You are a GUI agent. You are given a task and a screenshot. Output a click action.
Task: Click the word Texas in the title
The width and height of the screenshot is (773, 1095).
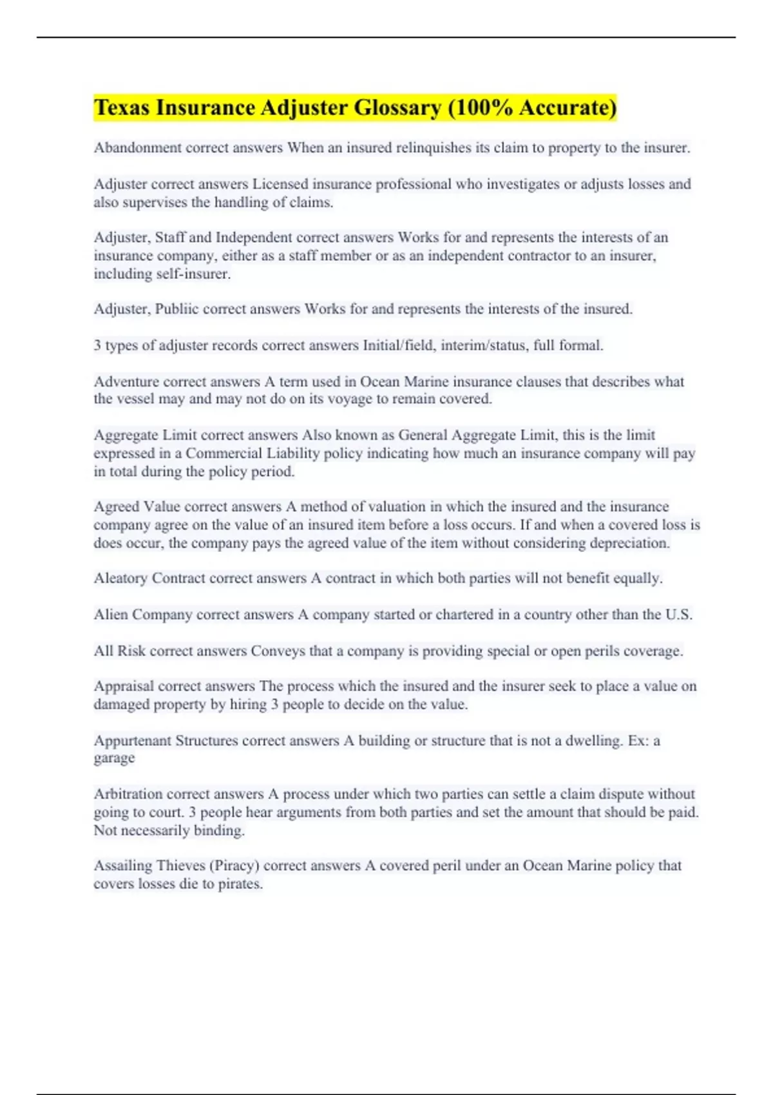click(x=122, y=108)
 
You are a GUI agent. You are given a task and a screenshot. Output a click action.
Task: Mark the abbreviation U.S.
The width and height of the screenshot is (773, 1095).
click(x=679, y=614)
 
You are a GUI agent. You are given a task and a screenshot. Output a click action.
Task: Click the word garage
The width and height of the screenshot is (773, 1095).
click(x=114, y=758)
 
